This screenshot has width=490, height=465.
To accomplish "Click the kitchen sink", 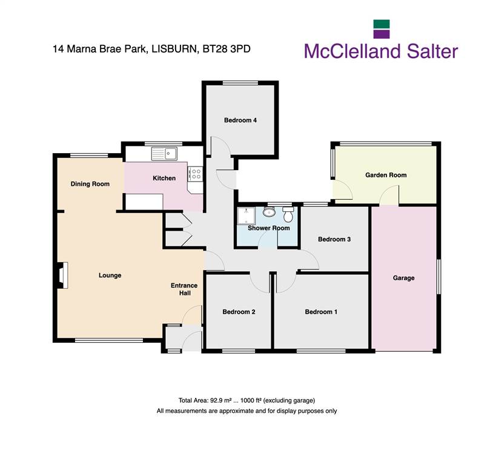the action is pyautogui.click(x=164, y=154).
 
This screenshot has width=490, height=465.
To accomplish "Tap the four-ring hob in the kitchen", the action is pyautogui.click(x=196, y=174).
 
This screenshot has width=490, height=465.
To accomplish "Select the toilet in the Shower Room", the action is pyautogui.click(x=288, y=214).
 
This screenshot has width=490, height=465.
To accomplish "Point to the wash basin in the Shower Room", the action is pyautogui.click(x=269, y=212).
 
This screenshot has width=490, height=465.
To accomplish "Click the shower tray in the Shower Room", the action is pyautogui.click(x=247, y=216).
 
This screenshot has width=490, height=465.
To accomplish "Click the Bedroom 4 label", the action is pyautogui.click(x=240, y=120).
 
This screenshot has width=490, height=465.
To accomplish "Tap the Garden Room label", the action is pyautogui.click(x=386, y=175).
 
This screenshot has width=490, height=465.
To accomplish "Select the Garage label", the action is pyautogui.click(x=404, y=278).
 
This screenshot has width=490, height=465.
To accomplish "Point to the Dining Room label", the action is pyautogui.click(x=90, y=184).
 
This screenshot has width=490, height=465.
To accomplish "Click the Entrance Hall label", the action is pyautogui.click(x=184, y=289).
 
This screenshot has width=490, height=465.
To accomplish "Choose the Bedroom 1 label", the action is pyautogui.click(x=321, y=312).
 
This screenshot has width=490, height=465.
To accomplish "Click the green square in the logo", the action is pyautogui.click(x=382, y=24).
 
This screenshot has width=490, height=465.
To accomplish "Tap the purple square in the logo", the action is pyautogui.click(x=382, y=34).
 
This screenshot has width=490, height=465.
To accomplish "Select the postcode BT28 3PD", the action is pyautogui.click(x=227, y=49).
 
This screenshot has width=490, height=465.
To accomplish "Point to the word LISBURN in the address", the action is pyautogui.click(x=174, y=49).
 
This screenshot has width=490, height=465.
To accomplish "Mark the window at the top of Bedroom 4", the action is pyautogui.click(x=240, y=83).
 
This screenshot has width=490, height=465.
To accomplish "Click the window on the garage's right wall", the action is pyautogui.click(x=439, y=277).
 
